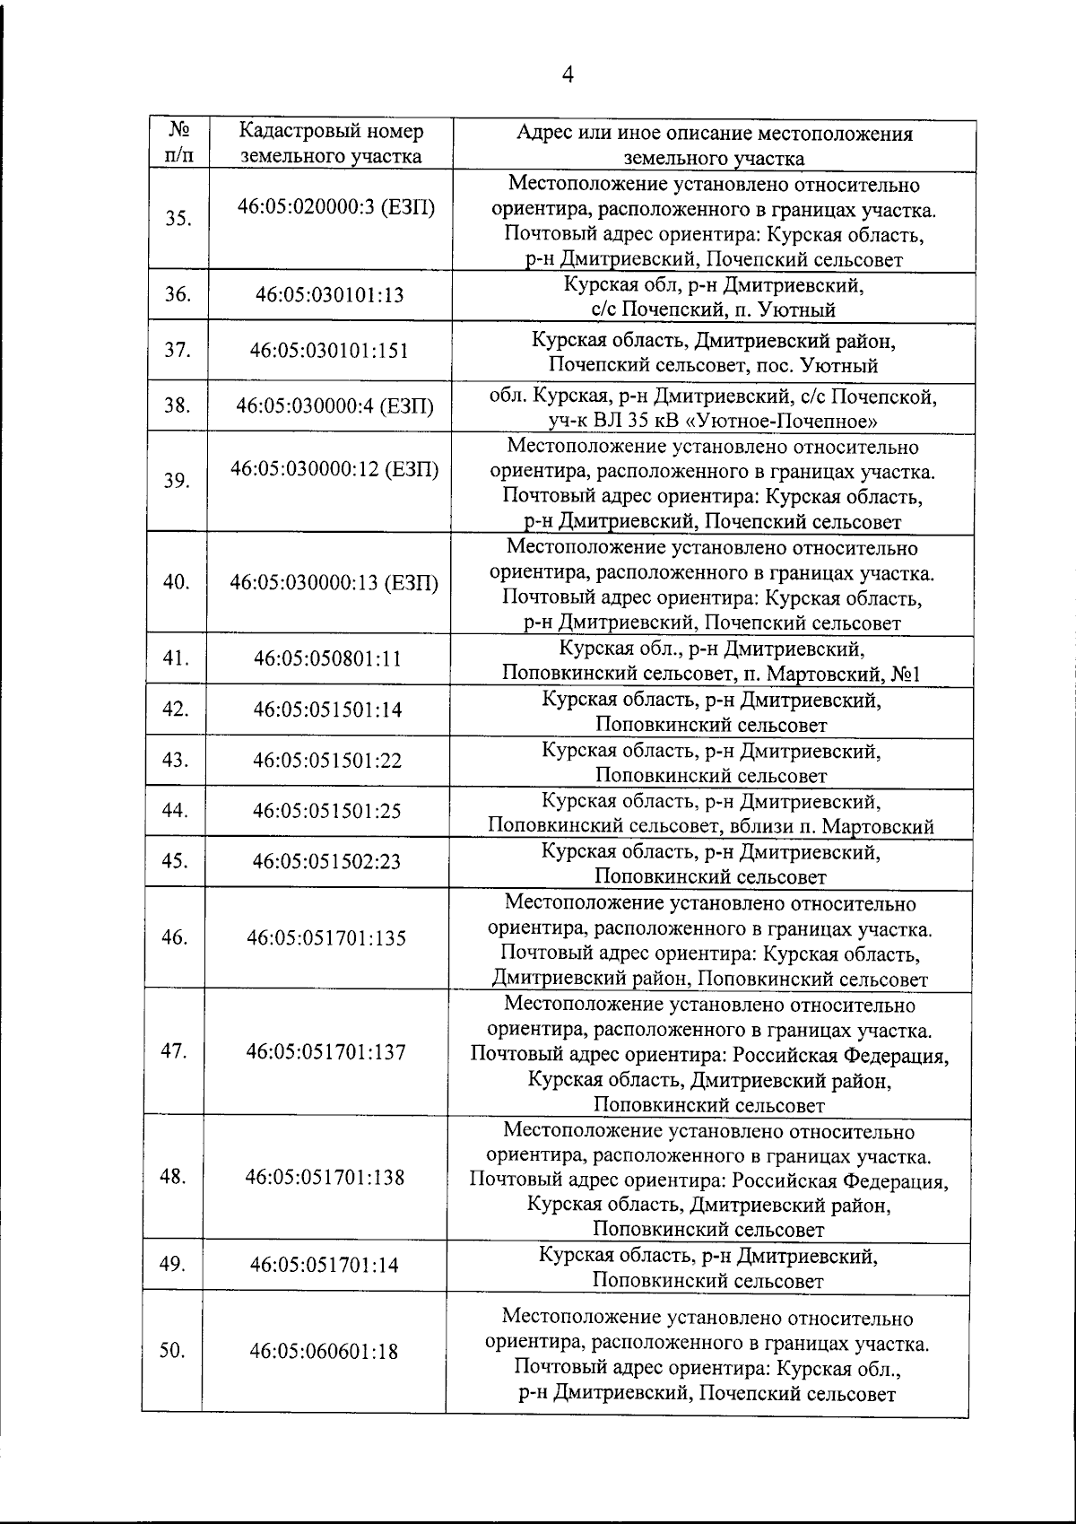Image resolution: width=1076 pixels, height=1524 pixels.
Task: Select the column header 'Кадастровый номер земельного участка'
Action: point(331,144)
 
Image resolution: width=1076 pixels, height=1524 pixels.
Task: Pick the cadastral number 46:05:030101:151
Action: point(330,350)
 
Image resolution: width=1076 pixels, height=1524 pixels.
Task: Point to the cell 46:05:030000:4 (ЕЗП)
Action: point(334,405)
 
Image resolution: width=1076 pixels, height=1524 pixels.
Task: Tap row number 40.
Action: point(176,581)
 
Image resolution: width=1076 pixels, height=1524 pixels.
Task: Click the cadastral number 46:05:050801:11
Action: point(327,659)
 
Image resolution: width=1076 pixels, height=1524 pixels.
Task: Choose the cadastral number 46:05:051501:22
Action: point(327,761)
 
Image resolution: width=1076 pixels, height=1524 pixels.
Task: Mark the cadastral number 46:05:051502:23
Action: point(327,862)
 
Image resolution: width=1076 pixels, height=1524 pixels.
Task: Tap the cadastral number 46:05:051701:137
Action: point(326,1051)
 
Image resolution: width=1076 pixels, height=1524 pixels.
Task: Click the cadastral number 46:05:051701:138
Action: point(326,1177)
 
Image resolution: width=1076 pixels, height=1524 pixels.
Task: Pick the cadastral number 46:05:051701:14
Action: point(324,1266)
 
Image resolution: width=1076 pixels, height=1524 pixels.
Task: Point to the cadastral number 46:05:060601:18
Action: point(324,1351)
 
